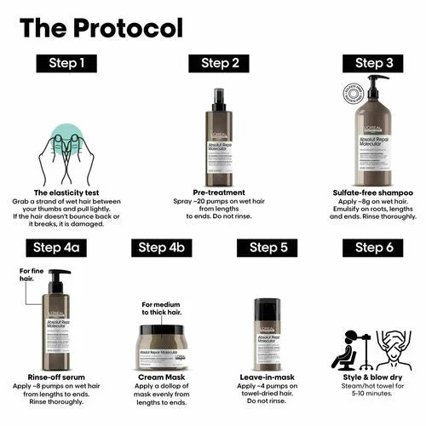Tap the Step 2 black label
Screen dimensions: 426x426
pos(220,62)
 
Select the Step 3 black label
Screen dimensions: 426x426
pos(375,62)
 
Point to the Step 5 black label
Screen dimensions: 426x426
pos(268,247)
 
